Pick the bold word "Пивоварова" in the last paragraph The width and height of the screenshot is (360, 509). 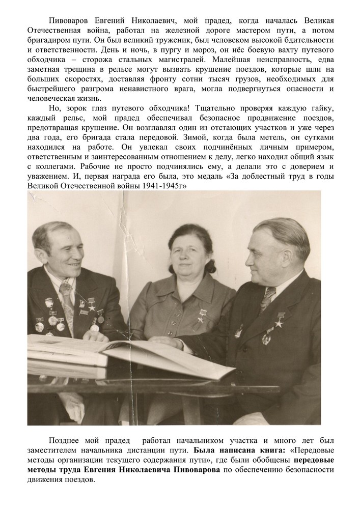190,469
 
